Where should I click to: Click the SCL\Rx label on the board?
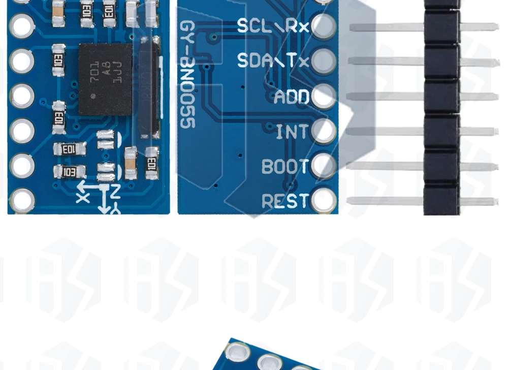[273, 26]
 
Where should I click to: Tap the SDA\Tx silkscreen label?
[273, 61]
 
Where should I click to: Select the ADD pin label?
[291, 97]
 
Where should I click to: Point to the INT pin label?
[292, 132]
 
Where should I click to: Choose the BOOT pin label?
[285, 167]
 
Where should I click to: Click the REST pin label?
[285, 201]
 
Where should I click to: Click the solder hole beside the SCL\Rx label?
[324, 25]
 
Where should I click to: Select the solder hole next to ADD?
[324, 96]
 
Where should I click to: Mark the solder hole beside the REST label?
[324, 200]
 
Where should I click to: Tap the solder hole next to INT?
[324, 131]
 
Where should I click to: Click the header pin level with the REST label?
[386, 201]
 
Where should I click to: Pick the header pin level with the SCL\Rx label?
[386, 27]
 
